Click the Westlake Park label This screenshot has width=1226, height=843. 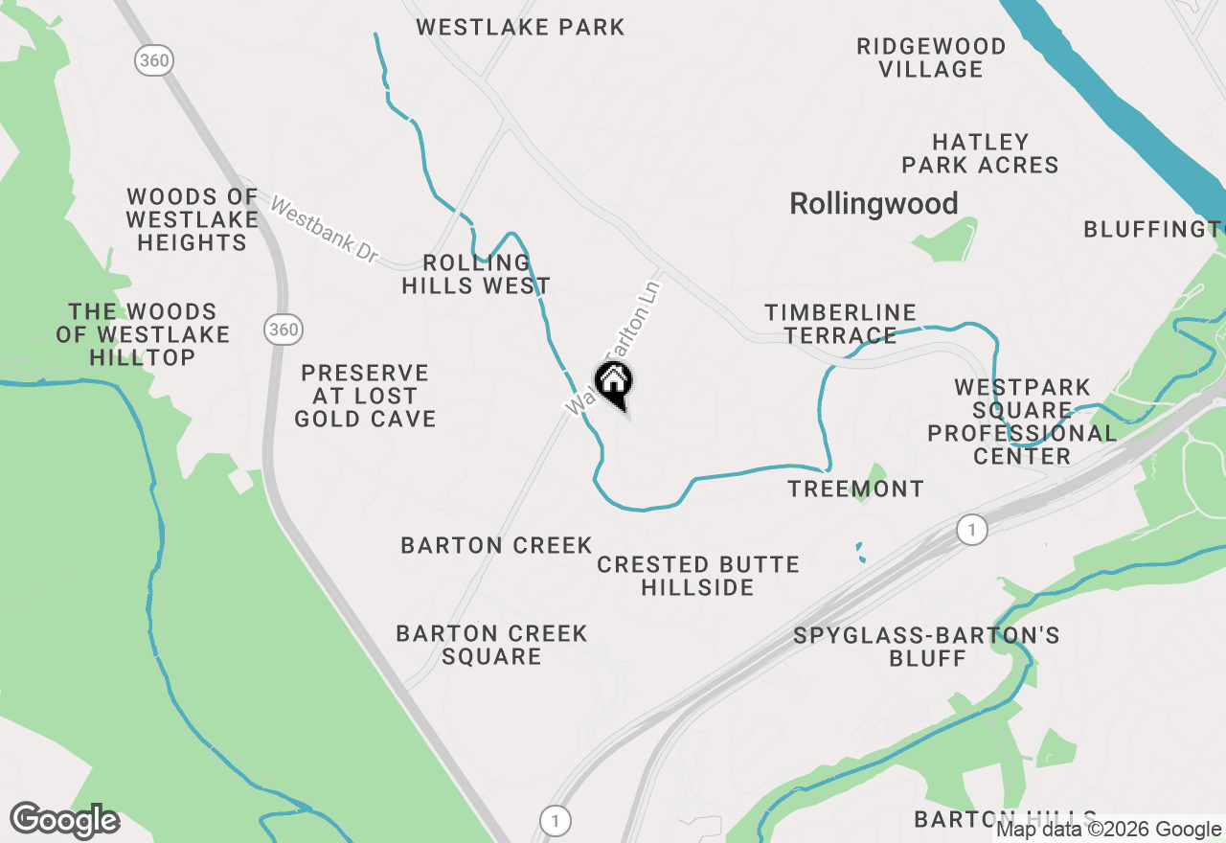(520, 27)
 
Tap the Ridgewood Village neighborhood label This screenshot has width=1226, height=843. (931, 57)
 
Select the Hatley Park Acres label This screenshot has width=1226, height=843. (980, 153)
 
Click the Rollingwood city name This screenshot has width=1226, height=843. (874, 203)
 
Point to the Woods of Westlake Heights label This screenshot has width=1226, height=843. (192, 219)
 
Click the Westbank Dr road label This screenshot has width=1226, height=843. (325, 231)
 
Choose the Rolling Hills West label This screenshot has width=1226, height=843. (476, 274)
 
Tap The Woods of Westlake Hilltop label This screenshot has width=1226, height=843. (143, 334)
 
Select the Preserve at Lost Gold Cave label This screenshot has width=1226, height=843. (365, 396)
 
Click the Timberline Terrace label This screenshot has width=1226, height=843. (840, 324)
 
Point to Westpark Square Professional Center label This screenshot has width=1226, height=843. (1022, 421)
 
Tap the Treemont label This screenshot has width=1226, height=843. (855, 489)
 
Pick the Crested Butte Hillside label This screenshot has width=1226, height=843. (697, 575)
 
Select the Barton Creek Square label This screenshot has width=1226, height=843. (491, 645)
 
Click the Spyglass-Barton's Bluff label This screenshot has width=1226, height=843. (926, 647)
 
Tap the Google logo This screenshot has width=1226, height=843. (64, 820)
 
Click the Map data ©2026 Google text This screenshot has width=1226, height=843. (1108, 830)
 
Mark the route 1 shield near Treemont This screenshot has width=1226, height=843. (972, 530)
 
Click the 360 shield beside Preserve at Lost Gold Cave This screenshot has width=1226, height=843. (284, 330)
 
